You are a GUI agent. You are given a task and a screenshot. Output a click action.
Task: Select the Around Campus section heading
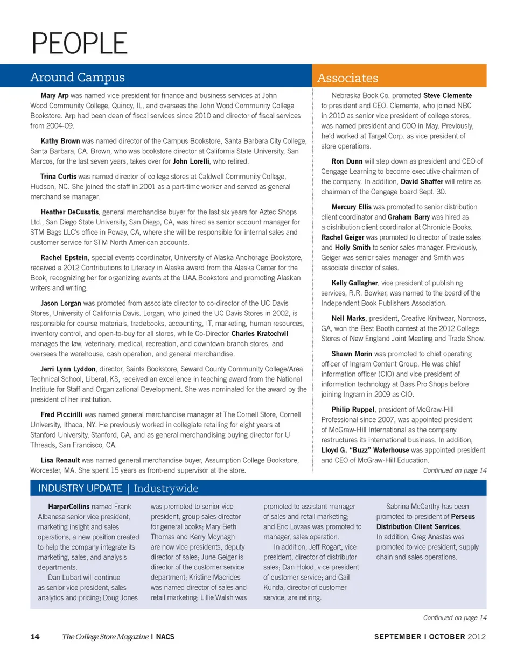click(77, 77)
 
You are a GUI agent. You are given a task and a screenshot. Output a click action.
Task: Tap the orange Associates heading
click(347, 79)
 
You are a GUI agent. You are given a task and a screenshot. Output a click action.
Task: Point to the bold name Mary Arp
click(54, 95)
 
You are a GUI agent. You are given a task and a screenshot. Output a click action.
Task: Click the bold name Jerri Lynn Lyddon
click(68, 369)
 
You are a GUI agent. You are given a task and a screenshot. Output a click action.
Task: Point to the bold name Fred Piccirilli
click(62, 414)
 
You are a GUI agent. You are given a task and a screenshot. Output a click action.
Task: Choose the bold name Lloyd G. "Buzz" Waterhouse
click(365, 449)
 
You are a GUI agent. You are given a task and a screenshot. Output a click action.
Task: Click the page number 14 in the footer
click(34, 637)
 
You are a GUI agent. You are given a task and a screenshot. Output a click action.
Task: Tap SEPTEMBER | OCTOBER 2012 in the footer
click(430, 637)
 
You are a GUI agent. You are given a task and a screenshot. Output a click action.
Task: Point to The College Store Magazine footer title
click(105, 637)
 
